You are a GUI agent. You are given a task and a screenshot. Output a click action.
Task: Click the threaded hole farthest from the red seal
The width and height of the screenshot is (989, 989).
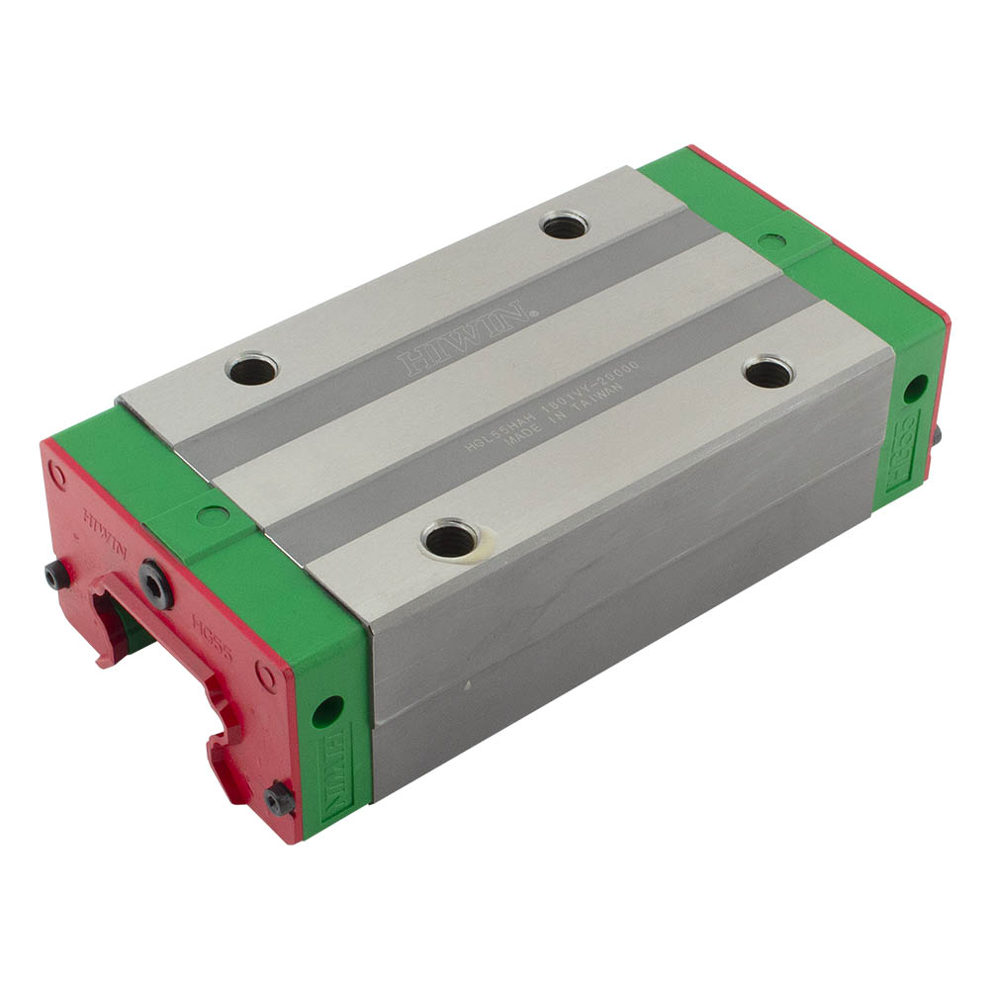565,225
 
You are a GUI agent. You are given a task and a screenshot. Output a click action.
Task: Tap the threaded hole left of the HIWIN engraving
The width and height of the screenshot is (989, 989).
251,369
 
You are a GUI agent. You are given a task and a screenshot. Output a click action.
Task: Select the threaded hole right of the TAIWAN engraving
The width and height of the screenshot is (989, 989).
767,373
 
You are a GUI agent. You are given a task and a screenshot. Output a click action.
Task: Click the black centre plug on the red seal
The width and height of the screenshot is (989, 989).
156,584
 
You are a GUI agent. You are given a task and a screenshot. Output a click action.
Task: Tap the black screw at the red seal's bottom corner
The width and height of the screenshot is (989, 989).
281,798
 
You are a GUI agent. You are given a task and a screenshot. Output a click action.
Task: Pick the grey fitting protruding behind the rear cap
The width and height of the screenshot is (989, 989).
935,432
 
